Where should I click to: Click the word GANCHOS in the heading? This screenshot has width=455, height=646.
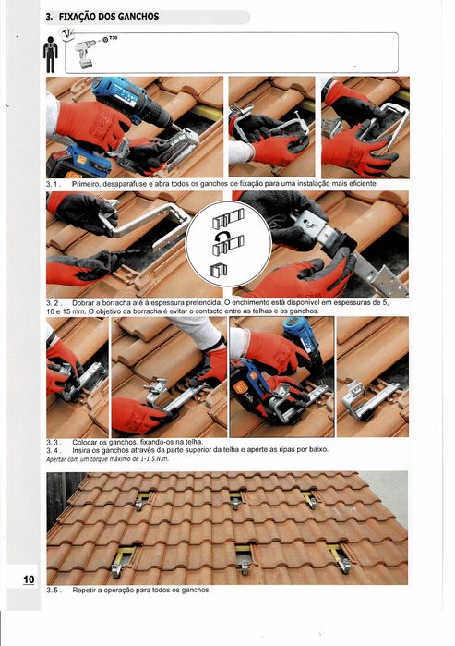tap(135, 18)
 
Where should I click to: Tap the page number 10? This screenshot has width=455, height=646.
tap(29, 579)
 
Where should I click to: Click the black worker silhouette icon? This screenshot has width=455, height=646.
tap(51, 55)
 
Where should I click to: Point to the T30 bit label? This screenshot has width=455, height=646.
tap(113, 39)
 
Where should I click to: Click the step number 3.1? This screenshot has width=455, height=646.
tap(54, 184)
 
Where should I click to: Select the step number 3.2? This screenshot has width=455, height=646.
tap(54, 303)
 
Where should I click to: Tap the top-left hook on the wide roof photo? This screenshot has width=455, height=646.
tap(141, 501)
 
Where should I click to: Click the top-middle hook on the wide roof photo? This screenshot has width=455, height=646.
tap(237, 499)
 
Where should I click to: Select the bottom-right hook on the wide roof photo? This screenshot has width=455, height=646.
tap(342, 558)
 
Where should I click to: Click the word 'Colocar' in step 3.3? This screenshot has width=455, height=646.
tap(84, 442)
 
